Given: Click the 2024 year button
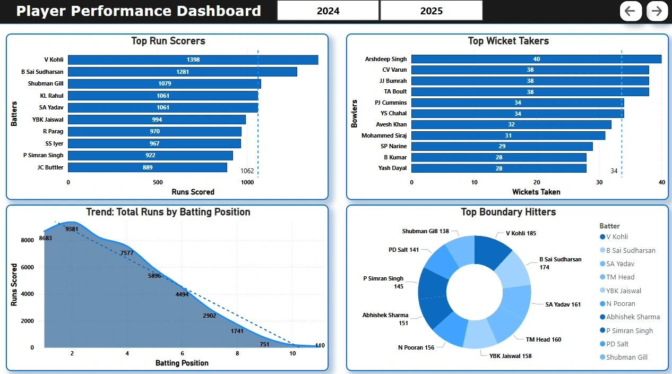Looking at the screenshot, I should click(x=328, y=11).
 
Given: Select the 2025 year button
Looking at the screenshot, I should click(x=431, y=11).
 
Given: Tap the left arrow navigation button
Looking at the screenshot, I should click(x=630, y=11).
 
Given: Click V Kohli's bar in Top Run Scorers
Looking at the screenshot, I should click(x=193, y=60).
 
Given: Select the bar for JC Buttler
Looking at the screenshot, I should click(x=148, y=167).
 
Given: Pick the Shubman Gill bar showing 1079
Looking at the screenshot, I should click(x=165, y=84).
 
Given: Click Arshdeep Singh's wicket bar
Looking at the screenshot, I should click(x=536, y=59).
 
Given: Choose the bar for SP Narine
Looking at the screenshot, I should click(x=502, y=146).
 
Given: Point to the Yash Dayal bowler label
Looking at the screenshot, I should click(x=392, y=168).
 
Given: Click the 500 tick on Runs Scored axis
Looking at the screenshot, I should click(x=158, y=182).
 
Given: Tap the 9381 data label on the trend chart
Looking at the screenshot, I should click(x=72, y=229).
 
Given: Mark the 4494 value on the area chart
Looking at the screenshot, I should click(x=182, y=294).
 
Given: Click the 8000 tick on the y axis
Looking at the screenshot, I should click(x=28, y=240).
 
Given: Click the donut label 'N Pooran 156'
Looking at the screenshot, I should click(x=416, y=347).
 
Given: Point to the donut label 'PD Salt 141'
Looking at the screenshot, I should click(x=403, y=250).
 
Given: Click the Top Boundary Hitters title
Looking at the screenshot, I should click(x=508, y=212).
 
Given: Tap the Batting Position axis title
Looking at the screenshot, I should click(x=182, y=363).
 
